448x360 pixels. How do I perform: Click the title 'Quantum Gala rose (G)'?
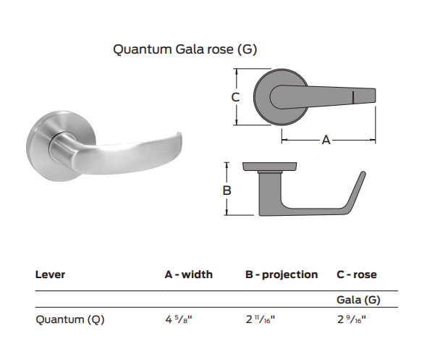pos(185,49)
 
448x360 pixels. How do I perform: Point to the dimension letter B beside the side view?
pos(227,191)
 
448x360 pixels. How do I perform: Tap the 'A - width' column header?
pos(188,275)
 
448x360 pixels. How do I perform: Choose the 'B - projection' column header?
pos(282,275)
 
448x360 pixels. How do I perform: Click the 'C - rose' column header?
pos(357,275)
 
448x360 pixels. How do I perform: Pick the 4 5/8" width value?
pos(179,319)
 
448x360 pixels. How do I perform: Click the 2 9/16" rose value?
pos(352,319)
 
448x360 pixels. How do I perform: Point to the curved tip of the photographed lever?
pos(174,142)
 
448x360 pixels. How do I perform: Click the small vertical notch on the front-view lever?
pos(352,96)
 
